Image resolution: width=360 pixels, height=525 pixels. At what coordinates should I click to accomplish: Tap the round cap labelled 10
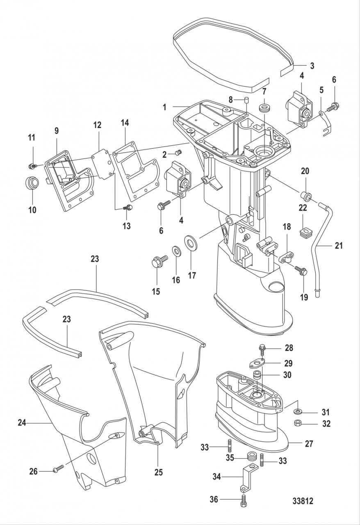point(32,183)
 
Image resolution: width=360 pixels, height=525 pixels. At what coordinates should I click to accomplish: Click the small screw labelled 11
point(31,166)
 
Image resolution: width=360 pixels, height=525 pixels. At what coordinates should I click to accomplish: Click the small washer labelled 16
point(175,251)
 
